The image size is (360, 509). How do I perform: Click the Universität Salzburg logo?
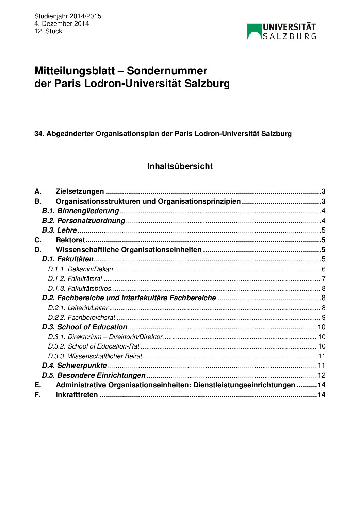point(282,32)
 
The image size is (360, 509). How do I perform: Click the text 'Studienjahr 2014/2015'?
point(68,16)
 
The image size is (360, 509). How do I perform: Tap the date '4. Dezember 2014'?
point(62,24)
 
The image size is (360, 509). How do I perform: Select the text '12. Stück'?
point(48,31)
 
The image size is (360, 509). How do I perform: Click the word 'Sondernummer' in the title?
point(167,71)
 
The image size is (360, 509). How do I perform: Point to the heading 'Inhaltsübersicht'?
point(180,166)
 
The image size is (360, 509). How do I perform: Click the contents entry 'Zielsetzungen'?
point(80,191)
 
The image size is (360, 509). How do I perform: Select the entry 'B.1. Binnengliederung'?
point(81,211)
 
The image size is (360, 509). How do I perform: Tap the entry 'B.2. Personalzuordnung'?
point(84,221)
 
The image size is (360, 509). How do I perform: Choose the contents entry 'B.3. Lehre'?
point(60,230)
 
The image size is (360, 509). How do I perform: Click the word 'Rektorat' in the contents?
point(70,240)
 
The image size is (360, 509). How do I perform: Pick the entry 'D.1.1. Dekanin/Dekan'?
point(80,269)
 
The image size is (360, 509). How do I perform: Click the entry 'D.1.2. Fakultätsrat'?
point(75,279)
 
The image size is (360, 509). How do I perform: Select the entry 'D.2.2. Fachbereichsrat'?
point(82,318)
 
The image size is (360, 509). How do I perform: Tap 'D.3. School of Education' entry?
point(84,327)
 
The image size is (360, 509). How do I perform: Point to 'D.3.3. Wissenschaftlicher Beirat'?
point(95,356)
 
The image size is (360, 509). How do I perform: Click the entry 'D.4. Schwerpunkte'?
point(74,366)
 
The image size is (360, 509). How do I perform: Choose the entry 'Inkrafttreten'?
point(77,395)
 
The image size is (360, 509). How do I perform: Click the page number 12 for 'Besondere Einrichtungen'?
point(322,376)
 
